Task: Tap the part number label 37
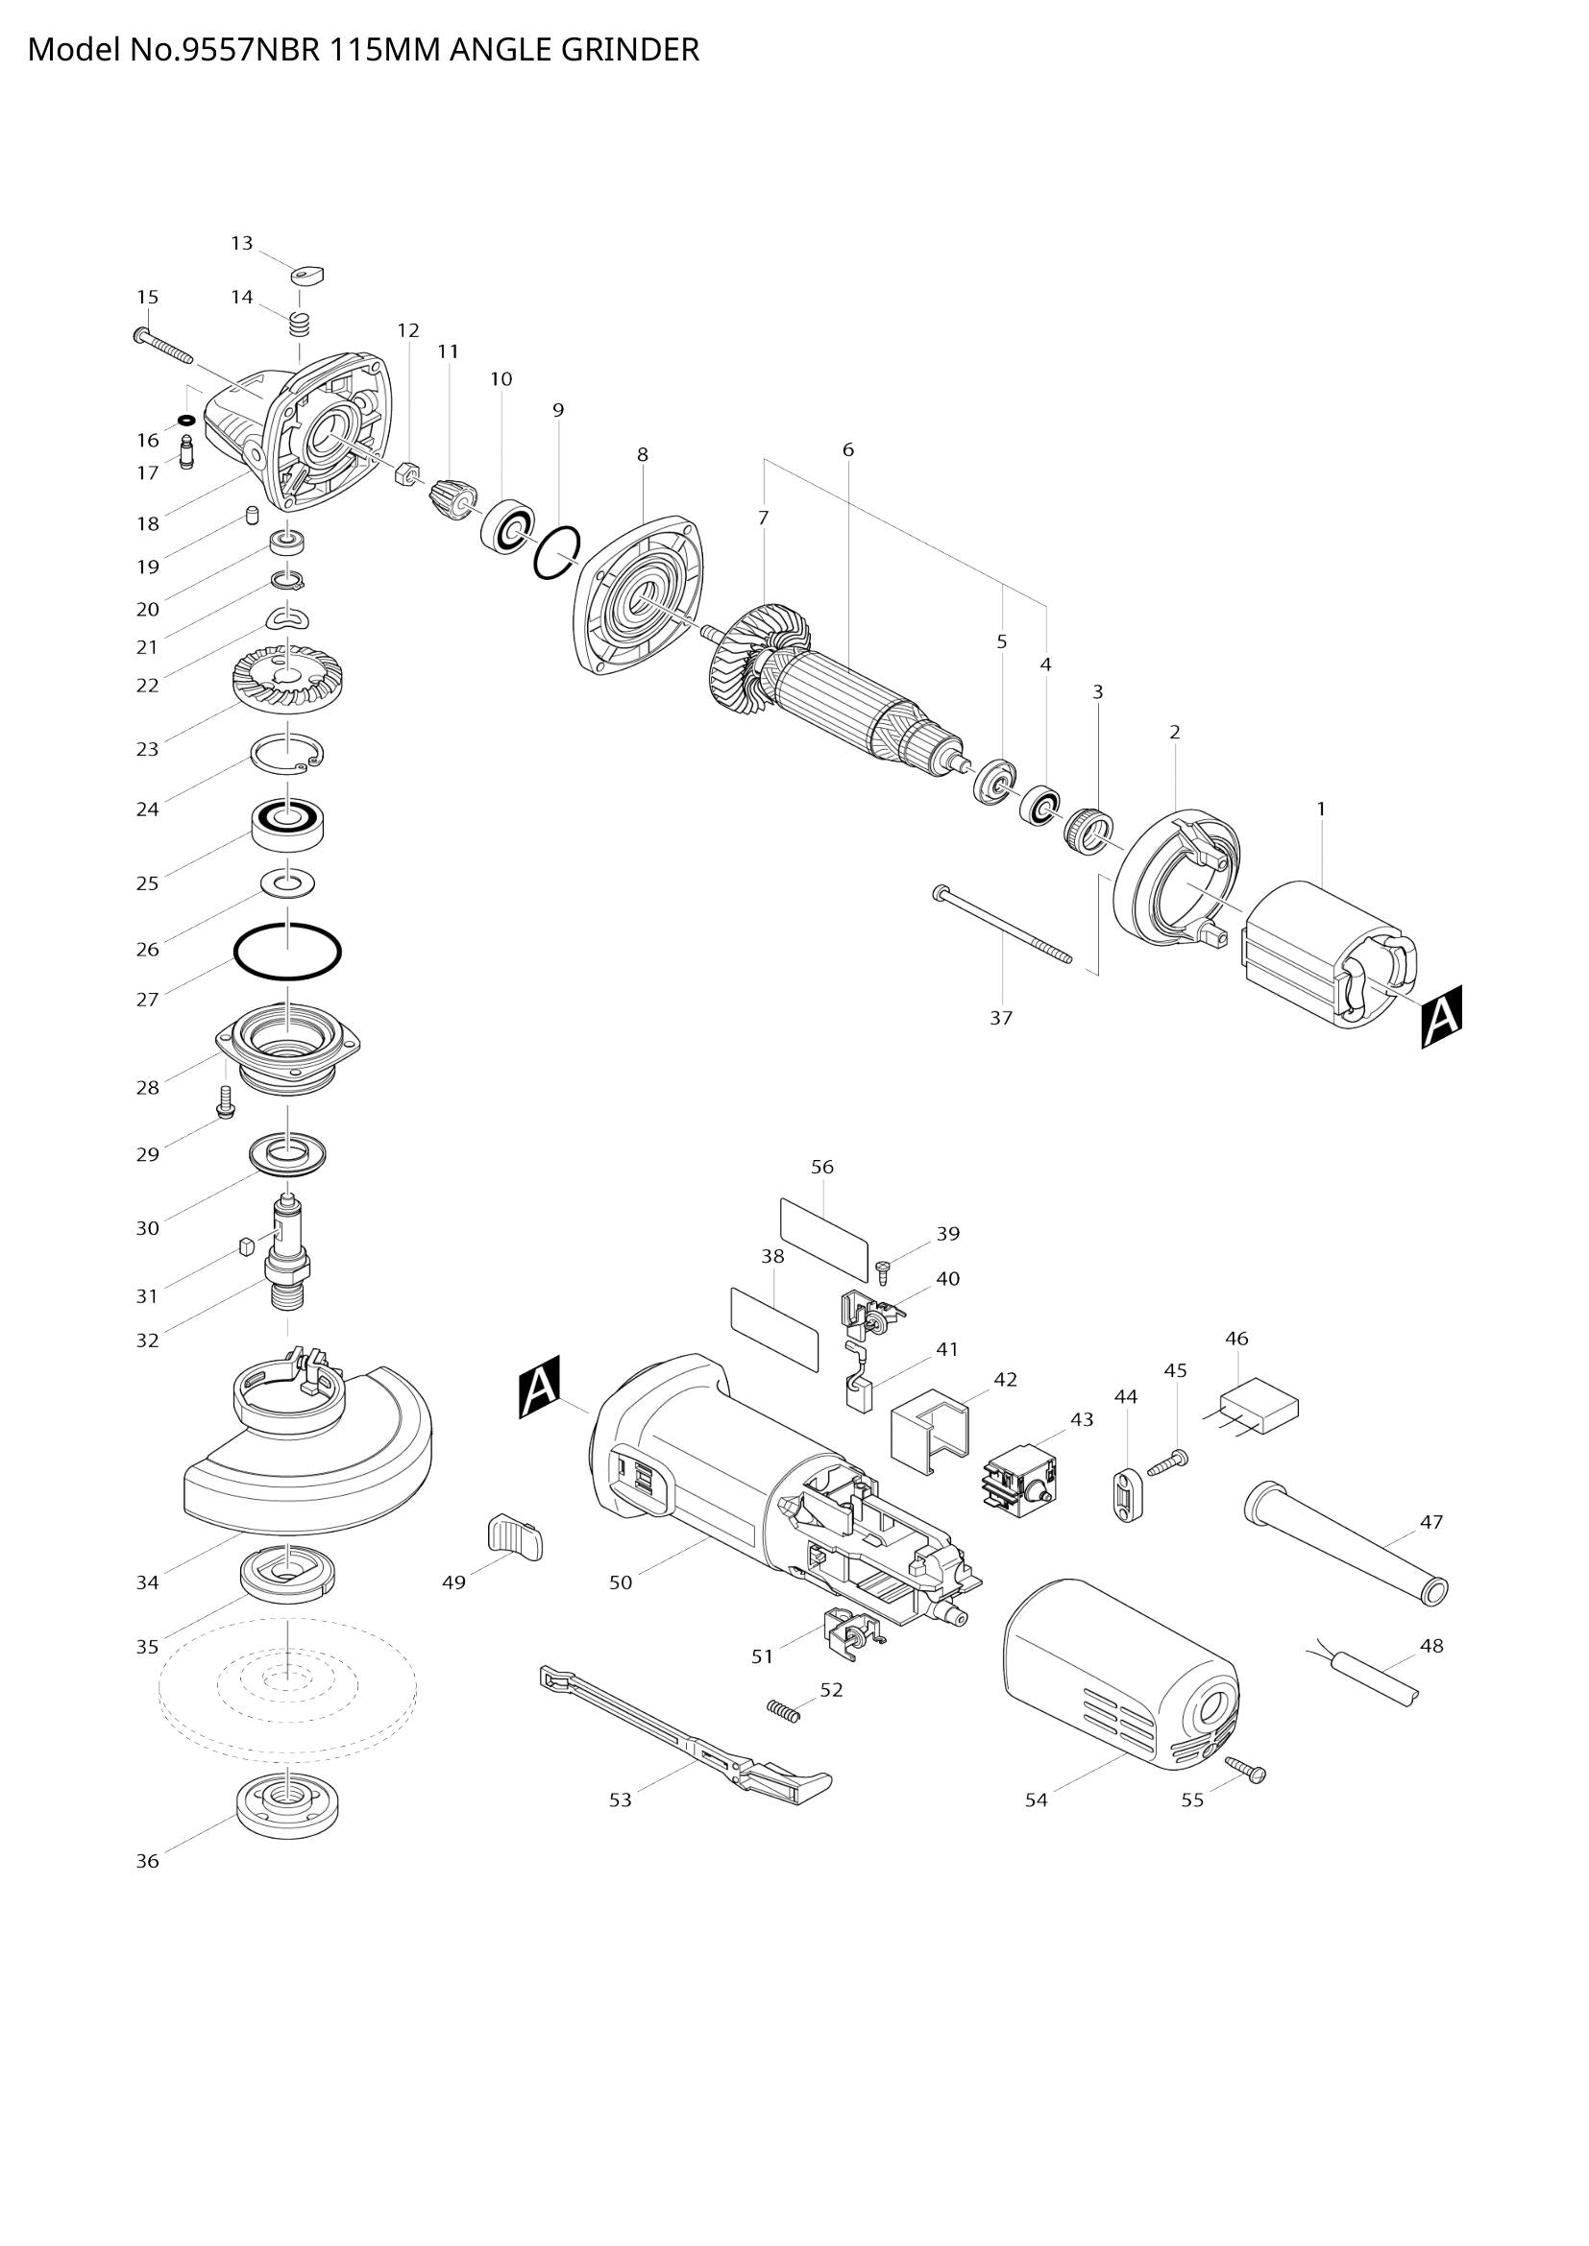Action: [1000, 1017]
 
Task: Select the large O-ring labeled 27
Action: [287, 950]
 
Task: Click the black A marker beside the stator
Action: [1441, 1017]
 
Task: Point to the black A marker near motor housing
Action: [539, 1387]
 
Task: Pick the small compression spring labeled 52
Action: [782, 1708]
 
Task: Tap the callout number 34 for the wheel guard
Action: [147, 1582]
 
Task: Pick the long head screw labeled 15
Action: [163, 345]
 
